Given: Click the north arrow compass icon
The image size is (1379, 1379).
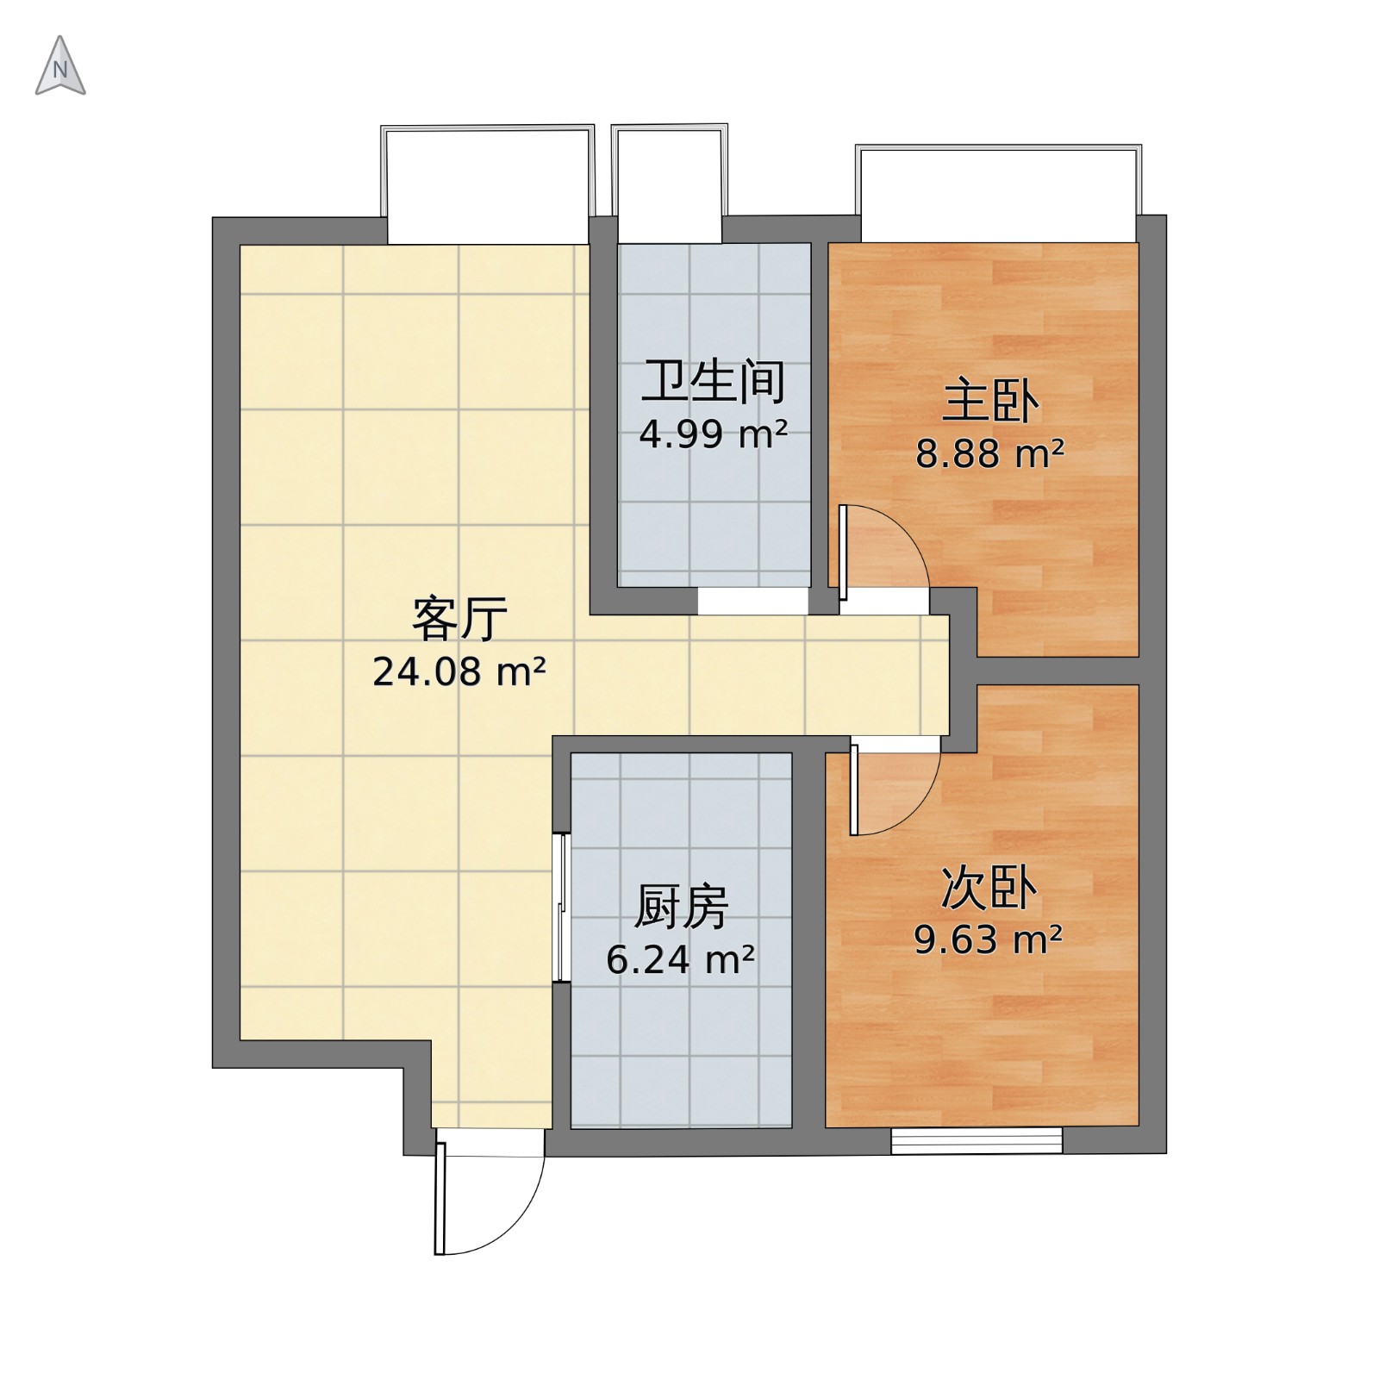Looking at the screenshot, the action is pos(60,66).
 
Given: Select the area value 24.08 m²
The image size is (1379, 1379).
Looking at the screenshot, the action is pos(459,671).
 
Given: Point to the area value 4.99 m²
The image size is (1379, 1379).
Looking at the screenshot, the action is pos(714,434).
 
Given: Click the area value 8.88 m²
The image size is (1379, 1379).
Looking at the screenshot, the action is pos(990,453).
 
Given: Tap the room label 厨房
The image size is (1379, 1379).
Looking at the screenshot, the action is pos(682,907).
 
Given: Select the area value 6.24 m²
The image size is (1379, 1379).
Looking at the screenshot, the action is pos(682,959).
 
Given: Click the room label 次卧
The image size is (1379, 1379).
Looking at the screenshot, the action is pos(989,888).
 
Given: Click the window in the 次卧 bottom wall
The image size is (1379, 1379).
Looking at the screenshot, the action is pos(977,1140).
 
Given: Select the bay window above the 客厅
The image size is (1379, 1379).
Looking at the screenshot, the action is pos(488,184).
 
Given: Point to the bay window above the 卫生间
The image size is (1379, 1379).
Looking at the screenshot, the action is pos(670,183).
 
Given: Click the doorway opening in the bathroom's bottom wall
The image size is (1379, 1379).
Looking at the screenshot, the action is pos(752,601).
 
